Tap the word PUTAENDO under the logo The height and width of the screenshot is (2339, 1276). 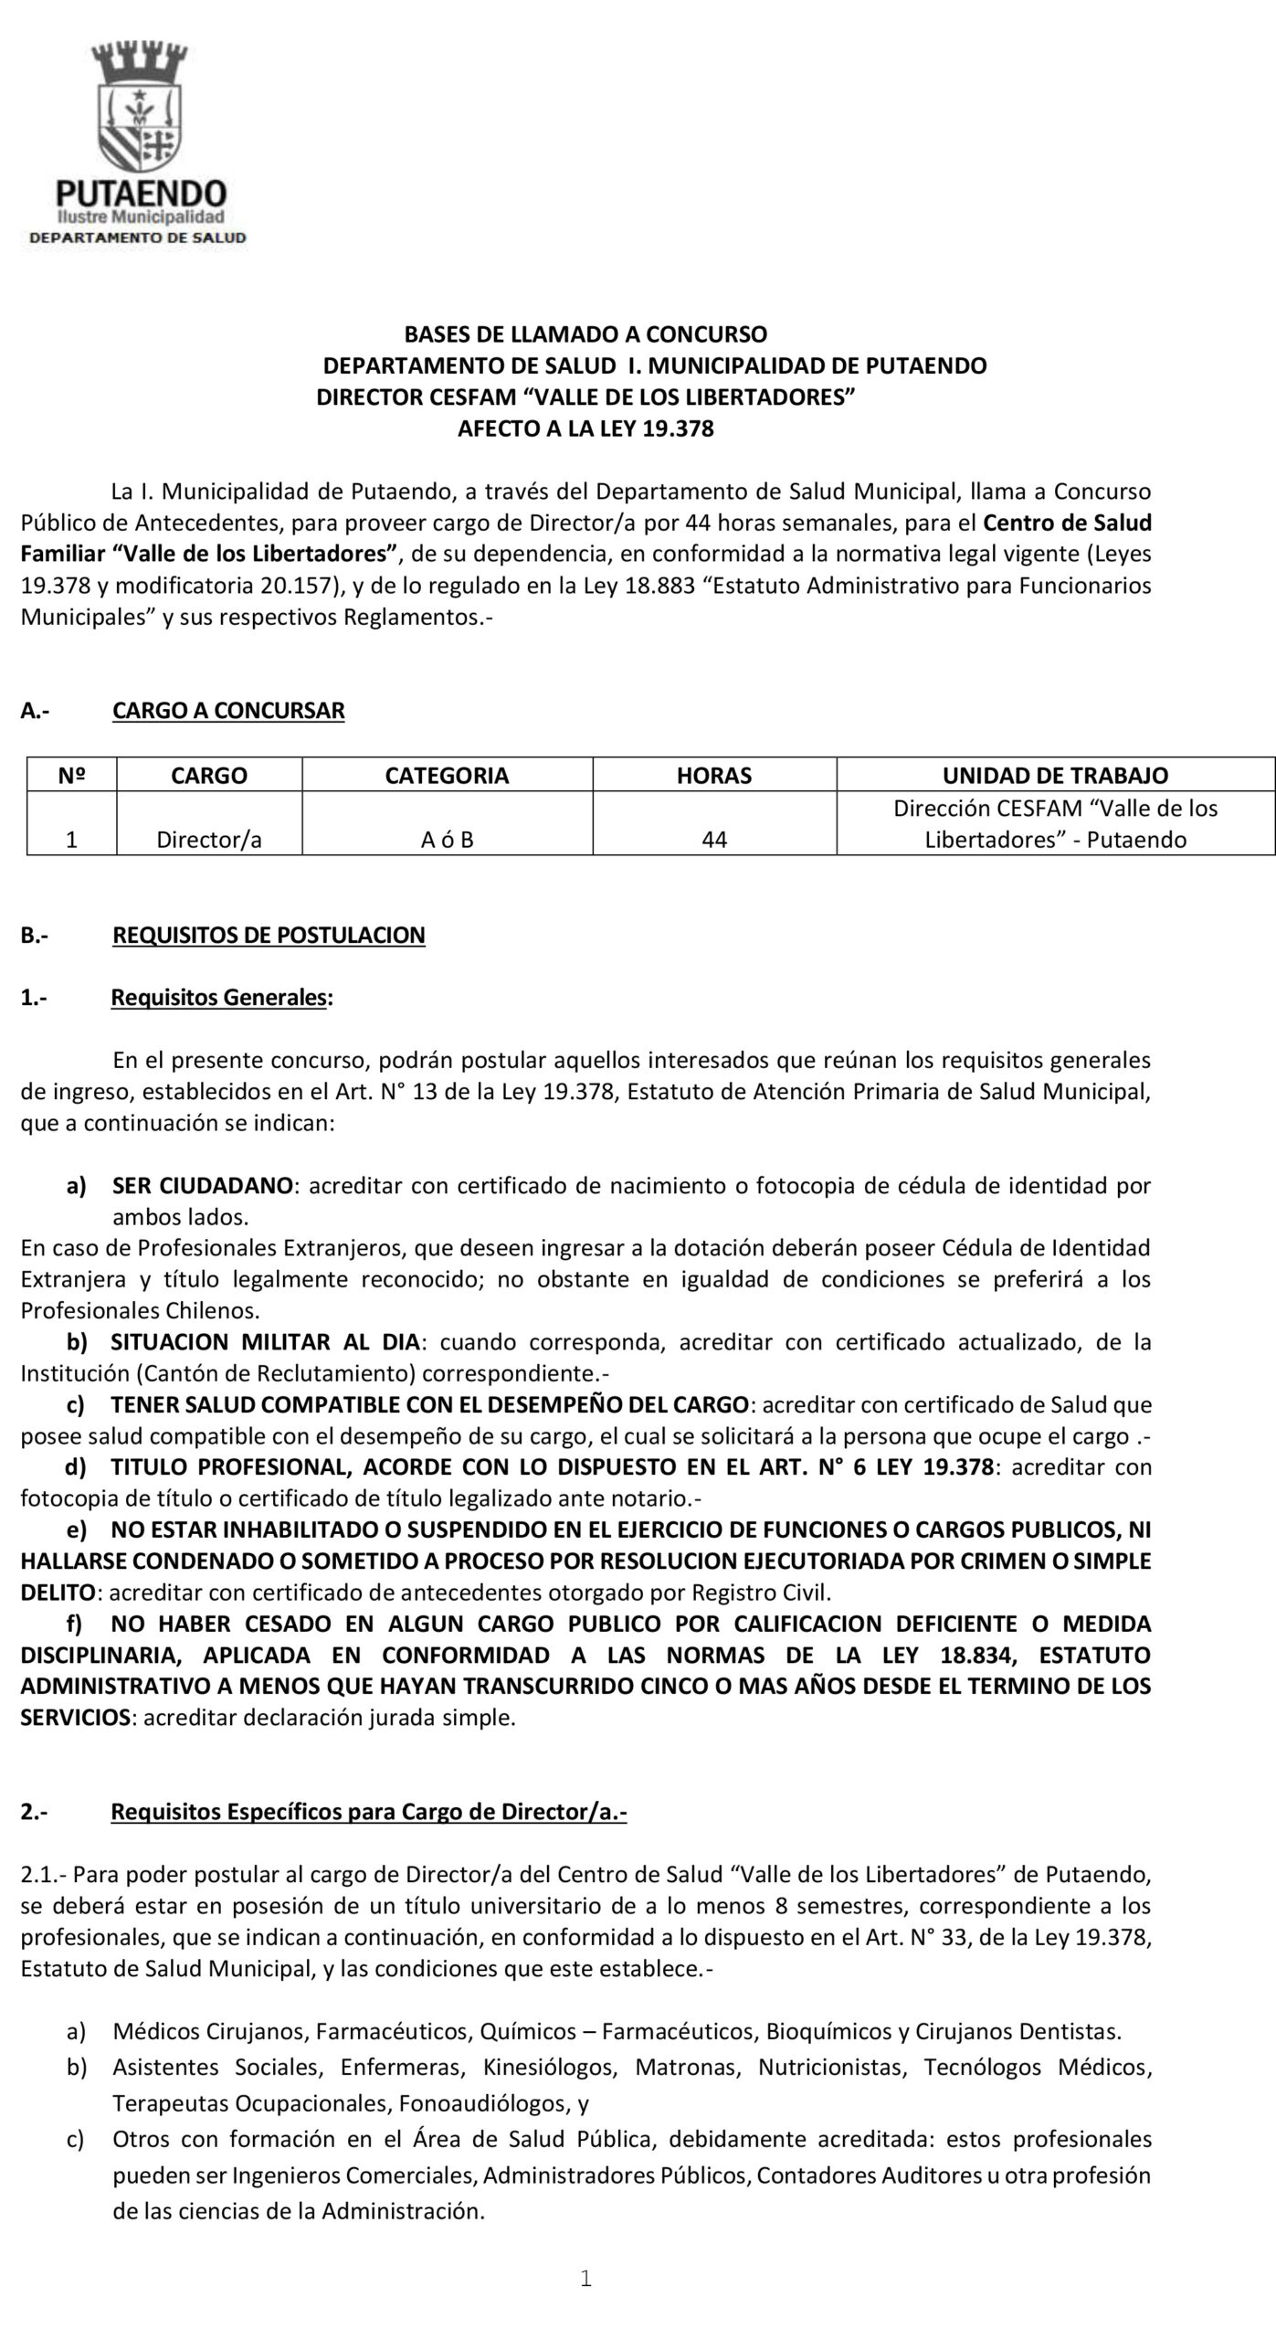pos(141,194)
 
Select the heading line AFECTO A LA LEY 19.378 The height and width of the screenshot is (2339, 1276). pos(585,429)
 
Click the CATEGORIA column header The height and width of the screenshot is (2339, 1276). pos(447,776)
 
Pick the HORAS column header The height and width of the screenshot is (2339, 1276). pos(714,776)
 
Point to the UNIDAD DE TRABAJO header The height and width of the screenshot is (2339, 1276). pos(1055,776)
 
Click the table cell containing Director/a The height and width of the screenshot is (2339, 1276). pos(209,840)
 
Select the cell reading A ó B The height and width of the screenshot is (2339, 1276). pos(447,840)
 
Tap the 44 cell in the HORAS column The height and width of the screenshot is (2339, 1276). pos(714,840)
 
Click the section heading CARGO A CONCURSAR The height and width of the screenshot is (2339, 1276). pos(228,710)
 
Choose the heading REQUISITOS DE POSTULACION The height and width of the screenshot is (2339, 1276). pos(269,935)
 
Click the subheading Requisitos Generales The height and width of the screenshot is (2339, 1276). pos(218,997)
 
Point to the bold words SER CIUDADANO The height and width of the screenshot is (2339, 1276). pos(203,1186)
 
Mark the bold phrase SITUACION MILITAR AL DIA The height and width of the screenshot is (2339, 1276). pos(265,1342)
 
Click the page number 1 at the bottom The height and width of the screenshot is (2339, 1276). pos(586,2279)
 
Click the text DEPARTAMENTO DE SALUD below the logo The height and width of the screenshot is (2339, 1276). pos(138,238)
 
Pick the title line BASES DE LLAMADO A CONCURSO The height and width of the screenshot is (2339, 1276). pos(585,334)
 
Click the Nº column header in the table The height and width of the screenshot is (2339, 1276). pos(71,776)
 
